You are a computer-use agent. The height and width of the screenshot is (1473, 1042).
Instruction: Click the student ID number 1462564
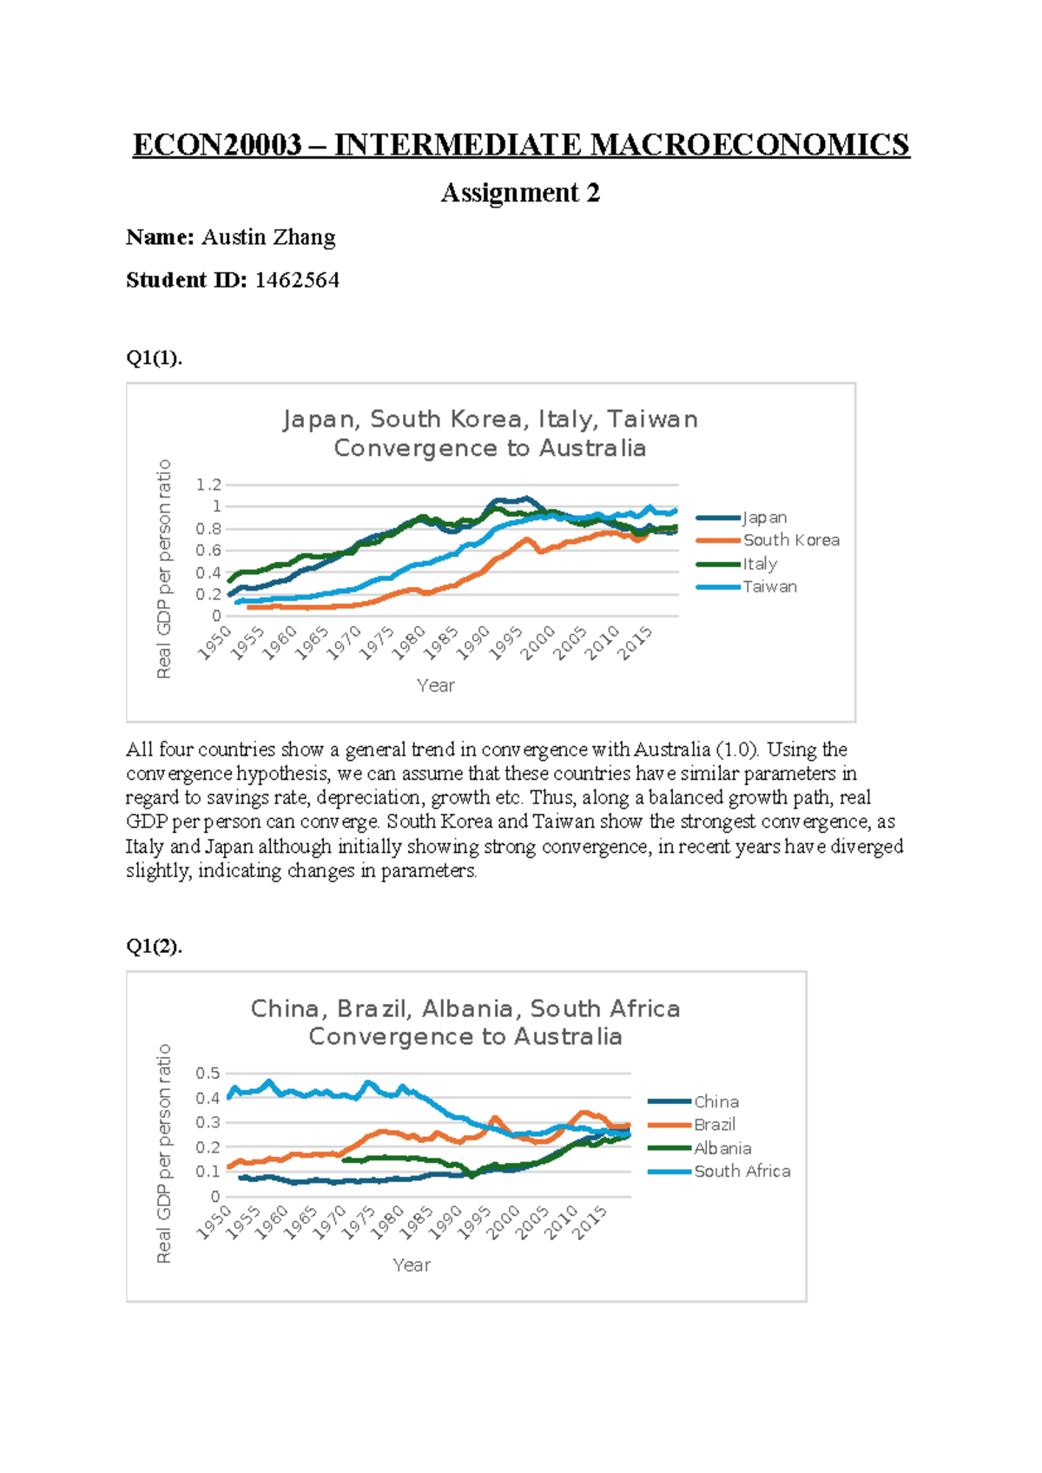296,281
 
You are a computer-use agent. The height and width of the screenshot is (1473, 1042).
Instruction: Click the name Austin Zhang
268,237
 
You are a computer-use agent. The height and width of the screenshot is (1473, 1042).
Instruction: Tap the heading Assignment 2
520,192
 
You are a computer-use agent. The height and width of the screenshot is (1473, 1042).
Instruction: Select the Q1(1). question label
155,358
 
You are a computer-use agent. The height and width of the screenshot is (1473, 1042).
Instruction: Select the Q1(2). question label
155,946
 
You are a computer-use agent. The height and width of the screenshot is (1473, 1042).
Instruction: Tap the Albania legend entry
722,1148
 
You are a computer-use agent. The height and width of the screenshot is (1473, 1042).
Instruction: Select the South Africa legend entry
742,1172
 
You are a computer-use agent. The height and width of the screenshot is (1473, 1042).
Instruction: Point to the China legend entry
716,1101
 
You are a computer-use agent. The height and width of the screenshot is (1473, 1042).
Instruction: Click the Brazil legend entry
714,1125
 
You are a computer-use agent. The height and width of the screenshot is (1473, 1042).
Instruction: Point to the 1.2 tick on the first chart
209,485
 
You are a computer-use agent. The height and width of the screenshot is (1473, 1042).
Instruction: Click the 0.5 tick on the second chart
208,1073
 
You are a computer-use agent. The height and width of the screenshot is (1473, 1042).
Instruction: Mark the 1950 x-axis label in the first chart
214,643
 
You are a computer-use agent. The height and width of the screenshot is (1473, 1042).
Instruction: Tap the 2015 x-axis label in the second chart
590,1222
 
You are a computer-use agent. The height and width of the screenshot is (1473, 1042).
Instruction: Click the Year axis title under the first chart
436,685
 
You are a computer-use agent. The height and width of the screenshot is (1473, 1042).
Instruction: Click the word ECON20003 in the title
216,144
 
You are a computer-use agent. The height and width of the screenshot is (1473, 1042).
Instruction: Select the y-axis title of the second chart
163,1153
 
